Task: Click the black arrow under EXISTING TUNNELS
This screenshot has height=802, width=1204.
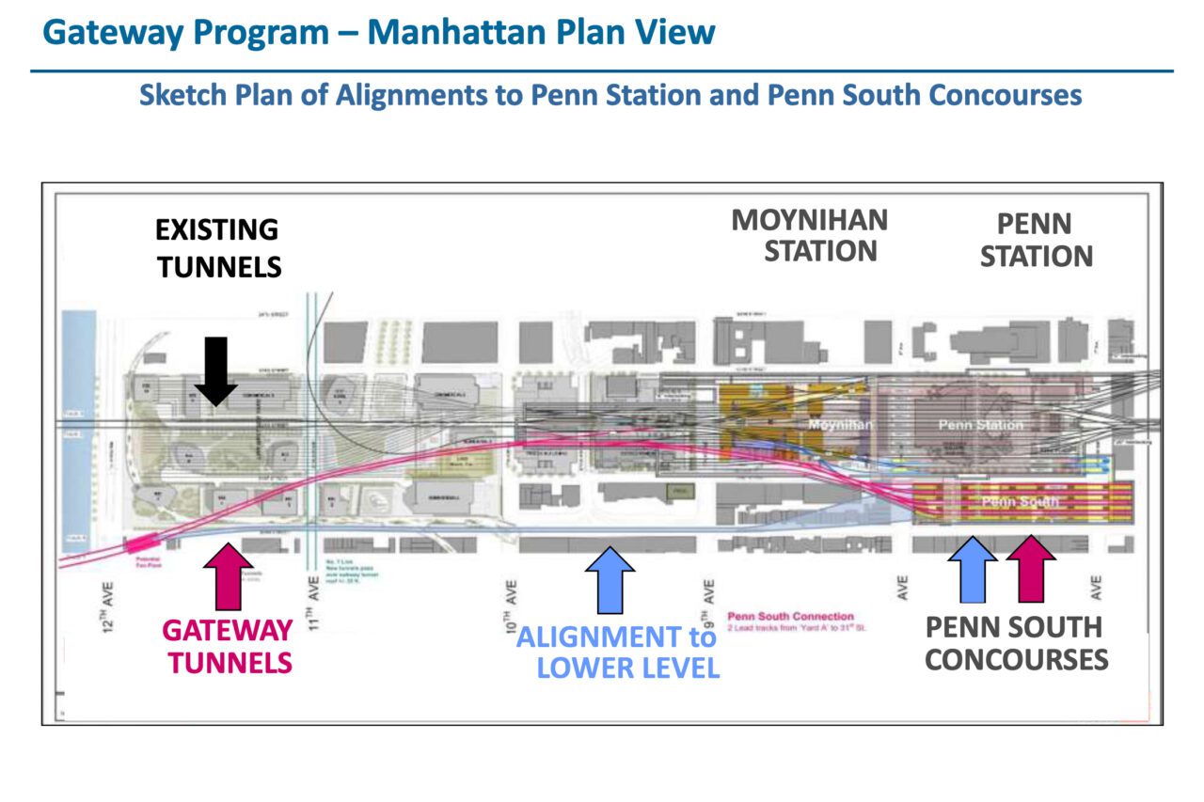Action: [x=216, y=370]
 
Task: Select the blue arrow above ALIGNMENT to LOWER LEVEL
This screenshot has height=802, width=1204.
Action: [x=610, y=575]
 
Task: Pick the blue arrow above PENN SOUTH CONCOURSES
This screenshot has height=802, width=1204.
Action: [x=972, y=568]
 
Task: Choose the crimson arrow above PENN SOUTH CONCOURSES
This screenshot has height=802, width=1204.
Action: [x=1031, y=568]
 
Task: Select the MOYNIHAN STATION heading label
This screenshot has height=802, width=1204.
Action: [x=809, y=235]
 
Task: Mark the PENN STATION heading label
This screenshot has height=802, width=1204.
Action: [x=1036, y=240]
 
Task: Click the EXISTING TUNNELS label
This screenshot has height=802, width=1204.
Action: [x=218, y=248]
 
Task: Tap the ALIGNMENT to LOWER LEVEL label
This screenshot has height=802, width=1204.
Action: [x=617, y=653]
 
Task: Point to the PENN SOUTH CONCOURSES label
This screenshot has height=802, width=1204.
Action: [x=1016, y=643]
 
